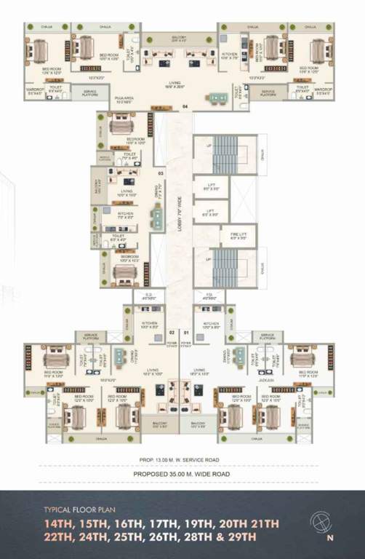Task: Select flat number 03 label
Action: (161, 173)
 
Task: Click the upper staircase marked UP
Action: (224, 154)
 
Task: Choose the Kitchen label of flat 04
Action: (229, 55)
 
